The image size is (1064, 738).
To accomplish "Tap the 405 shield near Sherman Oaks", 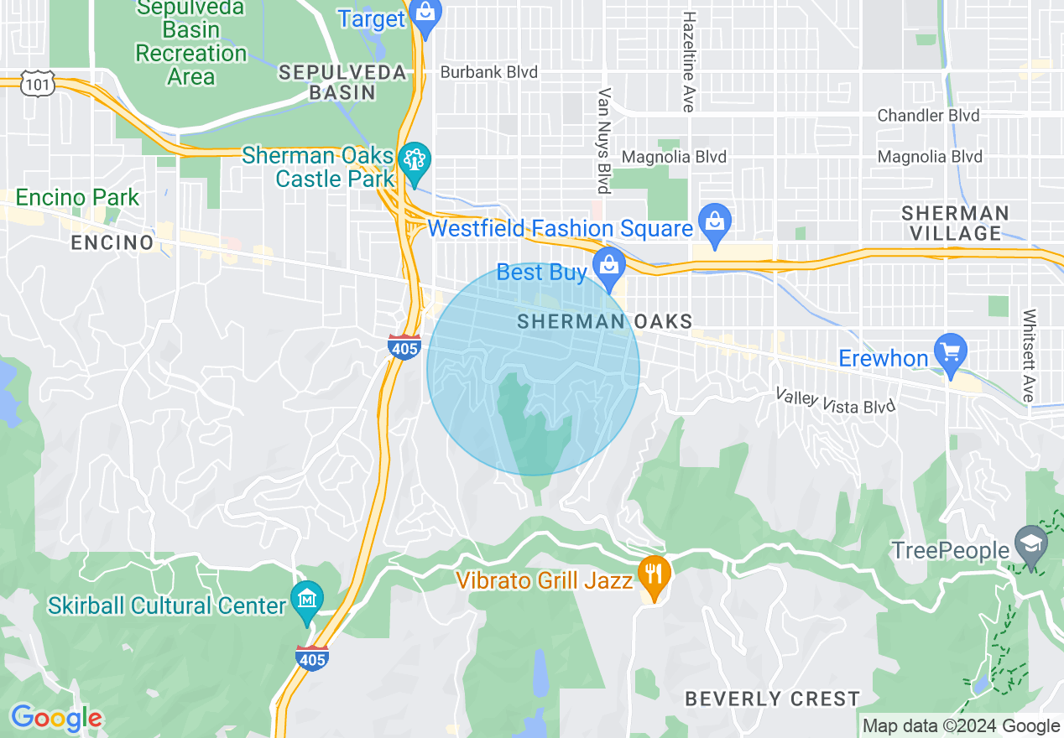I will (x=404, y=346).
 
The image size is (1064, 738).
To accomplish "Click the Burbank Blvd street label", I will (x=488, y=72).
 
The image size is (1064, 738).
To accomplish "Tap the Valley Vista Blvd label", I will (x=835, y=401).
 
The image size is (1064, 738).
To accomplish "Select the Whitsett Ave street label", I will (x=1030, y=356).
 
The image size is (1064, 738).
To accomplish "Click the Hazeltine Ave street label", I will (x=689, y=61).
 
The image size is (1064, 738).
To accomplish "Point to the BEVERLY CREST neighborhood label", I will (x=772, y=699).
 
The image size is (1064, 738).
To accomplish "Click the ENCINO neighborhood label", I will (x=112, y=243).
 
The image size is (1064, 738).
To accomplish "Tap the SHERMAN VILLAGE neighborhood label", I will (x=956, y=223).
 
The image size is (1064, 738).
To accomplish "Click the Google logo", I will (x=56, y=719).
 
